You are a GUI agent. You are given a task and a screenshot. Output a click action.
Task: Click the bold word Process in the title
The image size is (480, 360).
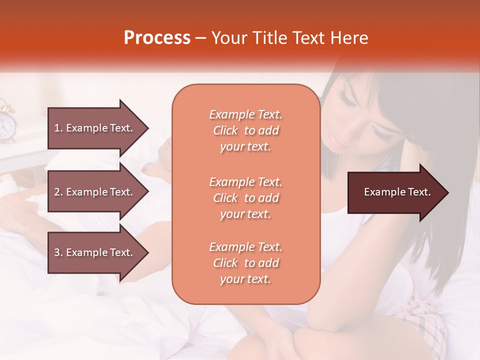coord(157,38)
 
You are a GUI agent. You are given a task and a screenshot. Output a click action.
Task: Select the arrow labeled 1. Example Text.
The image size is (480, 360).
coord(95,128)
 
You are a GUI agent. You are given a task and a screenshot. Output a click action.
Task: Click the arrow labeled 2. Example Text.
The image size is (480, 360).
coord(95,192)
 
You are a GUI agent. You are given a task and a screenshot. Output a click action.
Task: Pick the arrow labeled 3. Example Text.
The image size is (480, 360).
coord(95,252)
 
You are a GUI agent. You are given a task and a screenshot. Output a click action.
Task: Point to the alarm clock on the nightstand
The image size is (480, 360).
coord(6,122)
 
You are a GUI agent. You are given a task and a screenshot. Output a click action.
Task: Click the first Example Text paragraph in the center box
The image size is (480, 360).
coord(245,130)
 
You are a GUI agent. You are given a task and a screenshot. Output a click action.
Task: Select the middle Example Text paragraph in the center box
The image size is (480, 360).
coord(245,197)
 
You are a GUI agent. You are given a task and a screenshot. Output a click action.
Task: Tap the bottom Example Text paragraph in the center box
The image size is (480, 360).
coord(245,263)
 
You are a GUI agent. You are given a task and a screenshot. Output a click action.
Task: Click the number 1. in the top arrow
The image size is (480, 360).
coord(58,128)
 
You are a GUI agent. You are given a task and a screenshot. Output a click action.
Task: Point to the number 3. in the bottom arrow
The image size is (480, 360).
coord(58,252)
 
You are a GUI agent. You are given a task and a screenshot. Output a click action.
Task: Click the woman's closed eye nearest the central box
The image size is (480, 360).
coord(346,97)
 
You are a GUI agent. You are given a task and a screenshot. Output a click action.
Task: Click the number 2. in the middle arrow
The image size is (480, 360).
coord(58,192)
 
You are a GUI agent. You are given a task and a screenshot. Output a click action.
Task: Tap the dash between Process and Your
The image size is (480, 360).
coord(201,38)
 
